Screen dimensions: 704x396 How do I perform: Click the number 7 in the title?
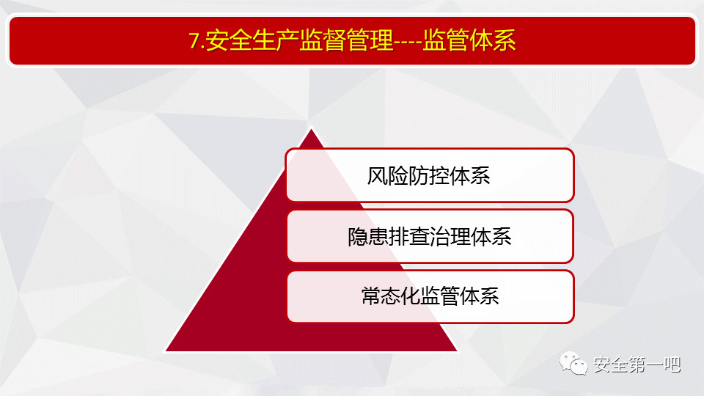coord(194,40)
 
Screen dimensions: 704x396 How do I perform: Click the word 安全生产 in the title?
coord(252,40)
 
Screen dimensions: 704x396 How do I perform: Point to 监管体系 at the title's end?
coord(469,40)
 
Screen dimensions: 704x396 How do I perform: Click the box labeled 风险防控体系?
coord(430,175)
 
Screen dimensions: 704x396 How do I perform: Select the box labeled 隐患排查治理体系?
coord(430,236)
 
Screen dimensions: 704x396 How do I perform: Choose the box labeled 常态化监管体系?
coord(430,297)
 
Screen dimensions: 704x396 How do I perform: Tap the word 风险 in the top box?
coord(387,175)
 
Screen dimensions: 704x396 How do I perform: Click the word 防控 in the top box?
coord(428,175)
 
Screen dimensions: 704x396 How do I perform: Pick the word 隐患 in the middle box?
coord(368,237)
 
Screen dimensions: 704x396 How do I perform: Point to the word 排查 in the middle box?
coord(409,237)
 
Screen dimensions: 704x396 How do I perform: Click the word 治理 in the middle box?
coord(450,237)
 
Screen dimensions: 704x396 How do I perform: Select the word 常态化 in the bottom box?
coord(392,296)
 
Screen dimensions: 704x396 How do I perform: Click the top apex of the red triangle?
coord(311,129)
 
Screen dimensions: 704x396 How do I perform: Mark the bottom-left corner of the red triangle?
coord(166,351)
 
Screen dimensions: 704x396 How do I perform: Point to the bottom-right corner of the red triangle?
coord(457,351)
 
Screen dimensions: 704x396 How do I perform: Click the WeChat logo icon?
coord(573,364)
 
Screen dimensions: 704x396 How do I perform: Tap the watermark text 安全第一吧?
coord(637,364)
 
